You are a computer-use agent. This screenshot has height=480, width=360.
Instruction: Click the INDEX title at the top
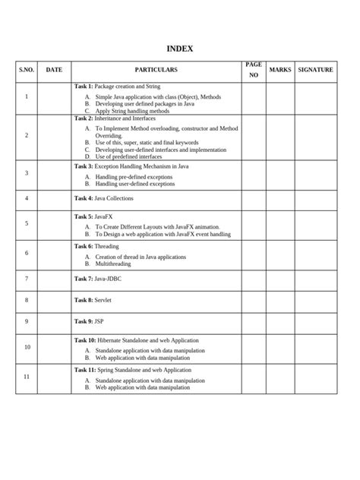pos(180,49)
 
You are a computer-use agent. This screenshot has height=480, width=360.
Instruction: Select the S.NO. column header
pos(27,70)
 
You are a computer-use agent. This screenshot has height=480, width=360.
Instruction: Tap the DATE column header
pos(54,70)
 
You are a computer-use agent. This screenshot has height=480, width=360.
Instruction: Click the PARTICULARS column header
pos(156,70)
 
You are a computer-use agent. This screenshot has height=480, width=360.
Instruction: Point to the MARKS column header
pos(279,70)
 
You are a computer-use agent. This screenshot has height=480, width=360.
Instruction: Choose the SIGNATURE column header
pos(315,70)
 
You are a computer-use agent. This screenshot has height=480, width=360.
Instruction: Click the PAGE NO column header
pos(253,70)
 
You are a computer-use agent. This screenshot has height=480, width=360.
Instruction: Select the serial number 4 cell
pos(27,198)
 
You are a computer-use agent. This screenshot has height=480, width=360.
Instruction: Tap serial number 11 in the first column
pos(27,377)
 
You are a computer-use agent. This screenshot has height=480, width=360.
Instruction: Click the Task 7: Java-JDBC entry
pos(97,279)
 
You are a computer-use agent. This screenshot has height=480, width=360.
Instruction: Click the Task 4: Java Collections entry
pos(103,198)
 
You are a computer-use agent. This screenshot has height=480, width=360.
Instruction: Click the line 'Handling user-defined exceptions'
pos(134,184)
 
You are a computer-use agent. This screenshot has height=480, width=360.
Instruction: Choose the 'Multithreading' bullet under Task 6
pos(114,264)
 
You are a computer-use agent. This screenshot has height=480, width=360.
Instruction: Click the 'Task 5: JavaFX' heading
pos(93,216)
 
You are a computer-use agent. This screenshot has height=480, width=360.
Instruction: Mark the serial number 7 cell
pos(27,279)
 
